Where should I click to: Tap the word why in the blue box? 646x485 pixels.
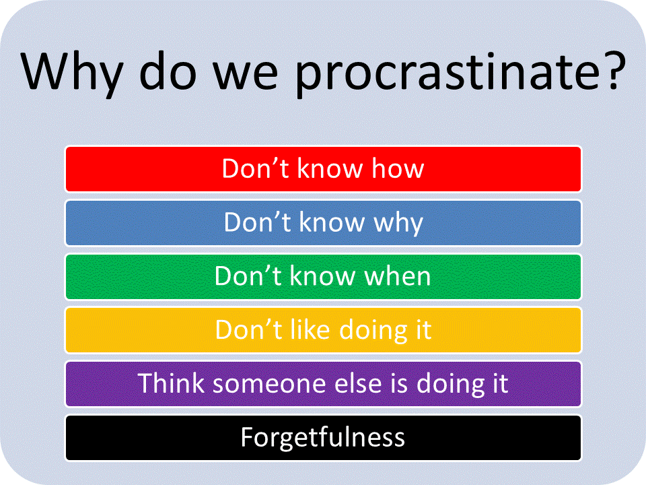(x=398, y=223)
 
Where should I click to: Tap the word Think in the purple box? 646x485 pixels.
(x=172, y=384)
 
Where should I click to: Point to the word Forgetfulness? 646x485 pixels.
(x=323, y=438)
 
